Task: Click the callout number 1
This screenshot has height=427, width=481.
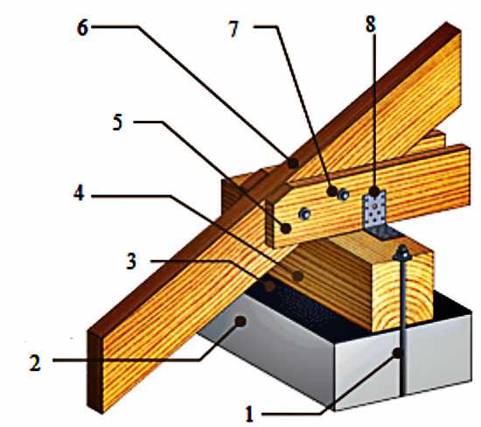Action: [x=250, y=414]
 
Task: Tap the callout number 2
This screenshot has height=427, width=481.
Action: [x=35, y=363]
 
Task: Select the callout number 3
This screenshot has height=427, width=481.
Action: [x=131, y=262]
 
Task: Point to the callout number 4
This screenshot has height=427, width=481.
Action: [x=79, y=193]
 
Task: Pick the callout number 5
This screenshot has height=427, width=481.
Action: [x=117, y=122]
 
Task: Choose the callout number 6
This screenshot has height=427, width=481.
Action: [x=82, y=28]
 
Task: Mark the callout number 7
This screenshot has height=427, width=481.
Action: [x=234, y=29]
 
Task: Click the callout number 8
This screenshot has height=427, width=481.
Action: [x=370, y=24]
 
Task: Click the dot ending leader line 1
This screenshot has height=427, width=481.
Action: [x=397, y=353]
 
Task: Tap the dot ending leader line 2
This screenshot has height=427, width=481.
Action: [x=240, y=321]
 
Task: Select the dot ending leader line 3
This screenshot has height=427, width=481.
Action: [x=270, y=286]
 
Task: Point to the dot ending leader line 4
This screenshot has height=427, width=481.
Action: [x=297, y=276]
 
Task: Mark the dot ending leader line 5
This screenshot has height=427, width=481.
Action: [x=286, y=228]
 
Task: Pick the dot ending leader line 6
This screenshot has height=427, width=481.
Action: [x=293, y=163]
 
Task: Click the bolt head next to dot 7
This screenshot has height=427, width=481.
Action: [x=344, y=194]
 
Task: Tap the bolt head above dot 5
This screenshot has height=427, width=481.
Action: [x=304, y=213]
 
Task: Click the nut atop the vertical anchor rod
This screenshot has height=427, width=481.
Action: [x=402, y=253]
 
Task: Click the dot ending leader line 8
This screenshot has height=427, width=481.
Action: [x=373, y=192]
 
